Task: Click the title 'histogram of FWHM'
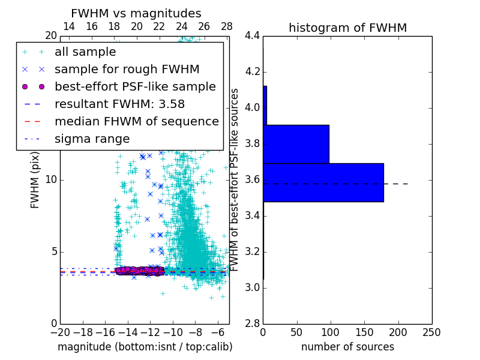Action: click(348, 28)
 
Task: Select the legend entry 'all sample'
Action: click(85, 52)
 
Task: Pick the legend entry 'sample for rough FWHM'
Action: click(127, 70)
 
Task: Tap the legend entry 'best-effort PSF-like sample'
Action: click(135, 87)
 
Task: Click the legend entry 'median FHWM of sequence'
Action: click(137, 122)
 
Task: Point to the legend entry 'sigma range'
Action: click(92, 139)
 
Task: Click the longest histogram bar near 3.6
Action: click(323, 182)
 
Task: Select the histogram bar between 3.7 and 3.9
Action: click(296, 144)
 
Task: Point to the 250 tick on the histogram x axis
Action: click(431, 332)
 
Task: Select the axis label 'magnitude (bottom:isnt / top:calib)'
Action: click(145, 347)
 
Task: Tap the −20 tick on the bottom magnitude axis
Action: click(60, 332)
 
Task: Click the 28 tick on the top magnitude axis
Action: click(227, 27)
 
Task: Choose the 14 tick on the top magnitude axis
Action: click(69, 27)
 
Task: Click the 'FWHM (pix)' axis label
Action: click(35, 180)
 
